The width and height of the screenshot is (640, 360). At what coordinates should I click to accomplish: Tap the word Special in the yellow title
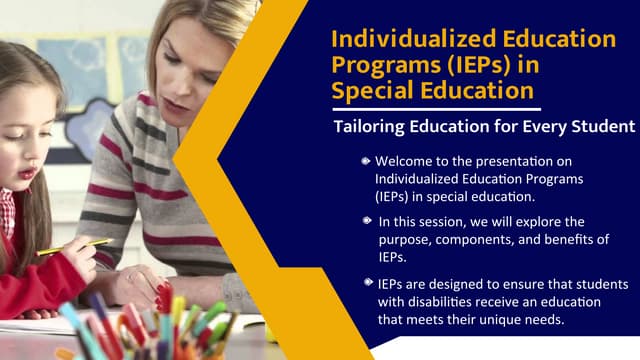(x=374, y=91)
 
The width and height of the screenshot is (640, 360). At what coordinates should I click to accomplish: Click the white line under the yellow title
(x=435, y=109)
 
